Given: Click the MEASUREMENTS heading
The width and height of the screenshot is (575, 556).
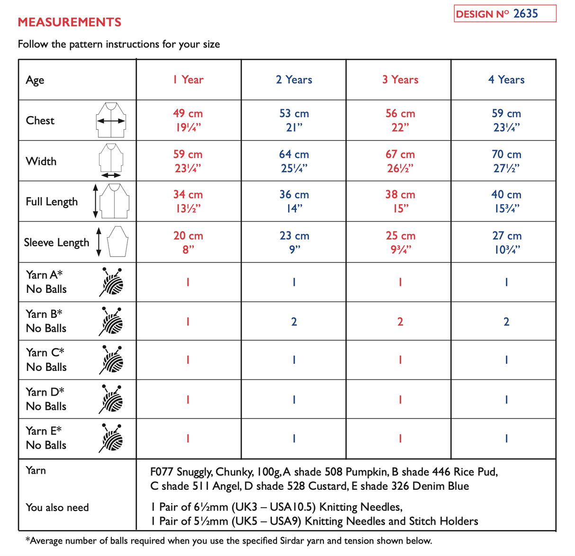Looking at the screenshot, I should click(69, 22).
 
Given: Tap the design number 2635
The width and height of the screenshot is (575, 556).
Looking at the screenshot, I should click(525, 14).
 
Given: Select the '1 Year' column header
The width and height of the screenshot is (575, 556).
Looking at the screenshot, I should click(188, 80).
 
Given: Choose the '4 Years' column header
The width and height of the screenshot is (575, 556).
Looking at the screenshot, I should click(506, 80).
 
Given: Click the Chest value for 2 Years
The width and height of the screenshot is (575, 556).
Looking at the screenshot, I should click(294, 120).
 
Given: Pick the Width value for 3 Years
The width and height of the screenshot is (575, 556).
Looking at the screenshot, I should click(400, 161).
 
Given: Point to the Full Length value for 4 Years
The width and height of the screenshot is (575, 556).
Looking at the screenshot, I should click(506, 201).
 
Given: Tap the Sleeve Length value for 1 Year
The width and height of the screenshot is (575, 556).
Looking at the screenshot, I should click(188, 242).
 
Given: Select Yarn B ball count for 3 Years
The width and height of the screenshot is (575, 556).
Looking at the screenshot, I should click(400, 322).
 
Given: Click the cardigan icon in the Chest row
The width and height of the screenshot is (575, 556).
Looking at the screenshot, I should click(111, 120).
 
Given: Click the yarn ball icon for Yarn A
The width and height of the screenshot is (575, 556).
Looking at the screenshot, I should click(112, 282).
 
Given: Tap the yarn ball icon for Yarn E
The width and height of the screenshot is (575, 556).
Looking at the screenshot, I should click(112, 438).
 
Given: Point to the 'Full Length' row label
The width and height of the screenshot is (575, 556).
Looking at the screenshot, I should click(52, 202).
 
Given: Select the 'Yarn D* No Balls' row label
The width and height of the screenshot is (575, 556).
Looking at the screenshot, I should click(46, 399).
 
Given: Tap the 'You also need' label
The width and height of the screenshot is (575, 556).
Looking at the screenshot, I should click(57, 507).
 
